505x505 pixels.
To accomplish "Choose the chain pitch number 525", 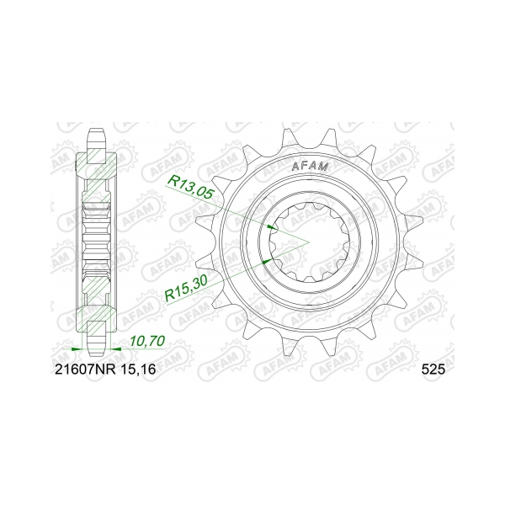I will [430, 369].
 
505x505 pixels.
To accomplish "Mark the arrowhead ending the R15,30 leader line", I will [267, 262].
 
